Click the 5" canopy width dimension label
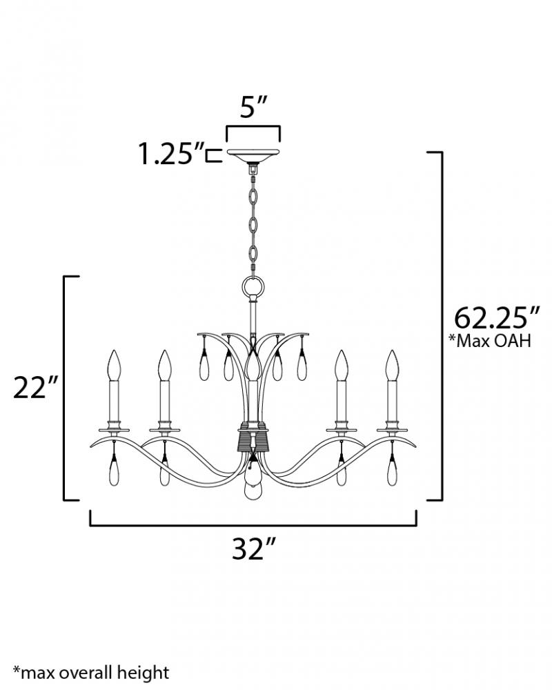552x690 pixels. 253,107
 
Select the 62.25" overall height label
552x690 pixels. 497,317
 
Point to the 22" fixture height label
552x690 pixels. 36,387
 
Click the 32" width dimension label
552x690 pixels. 253,548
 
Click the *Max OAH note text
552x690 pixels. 489,341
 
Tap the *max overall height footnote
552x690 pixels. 91,673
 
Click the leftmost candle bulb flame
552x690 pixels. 115,365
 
